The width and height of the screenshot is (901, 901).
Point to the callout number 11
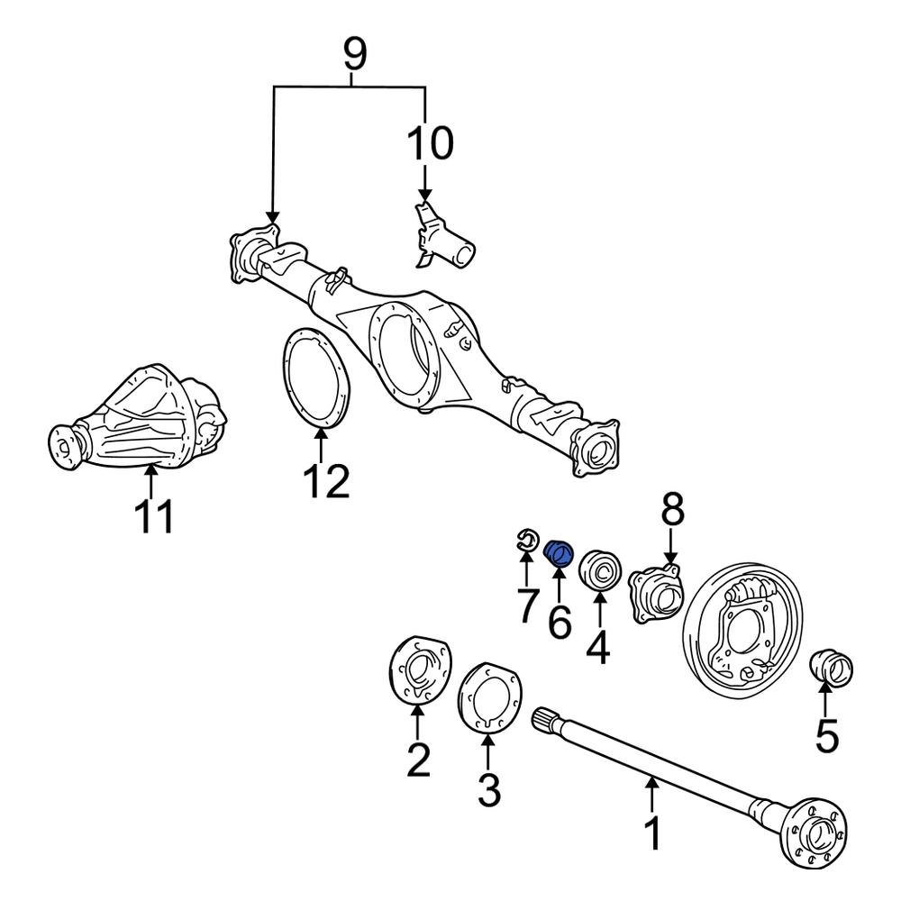[152, 517]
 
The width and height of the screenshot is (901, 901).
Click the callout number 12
[324, 482]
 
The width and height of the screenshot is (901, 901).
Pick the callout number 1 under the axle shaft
[651, 833]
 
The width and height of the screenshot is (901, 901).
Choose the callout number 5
[826, 737]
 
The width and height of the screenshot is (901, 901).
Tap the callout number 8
[671, 511]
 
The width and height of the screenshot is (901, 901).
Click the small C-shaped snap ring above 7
[526, 541]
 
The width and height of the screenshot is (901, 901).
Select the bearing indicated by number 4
[598, 570]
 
